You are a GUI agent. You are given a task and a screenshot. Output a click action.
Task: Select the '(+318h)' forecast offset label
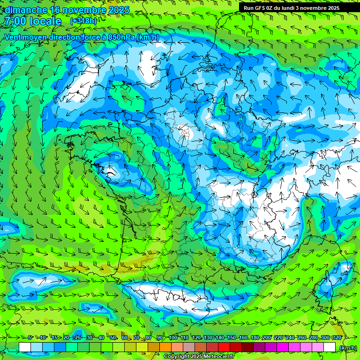(84, 21)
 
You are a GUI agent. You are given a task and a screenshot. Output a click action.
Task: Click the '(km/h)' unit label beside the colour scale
(347, 347)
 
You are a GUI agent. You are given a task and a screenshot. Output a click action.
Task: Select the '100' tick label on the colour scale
(173, 337)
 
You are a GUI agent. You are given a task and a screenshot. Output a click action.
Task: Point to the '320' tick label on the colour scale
(336, 337)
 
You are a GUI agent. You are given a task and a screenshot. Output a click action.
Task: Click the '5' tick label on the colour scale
(30, 337)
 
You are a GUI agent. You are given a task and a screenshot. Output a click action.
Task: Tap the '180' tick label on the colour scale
(255, 337)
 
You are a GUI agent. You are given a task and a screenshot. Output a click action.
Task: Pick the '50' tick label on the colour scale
(113, 337)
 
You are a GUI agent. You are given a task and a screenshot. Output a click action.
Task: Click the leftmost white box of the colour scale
(25, 347)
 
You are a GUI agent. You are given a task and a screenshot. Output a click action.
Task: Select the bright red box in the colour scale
(224, 347)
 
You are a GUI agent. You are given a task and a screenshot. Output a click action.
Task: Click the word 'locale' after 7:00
(46, 21)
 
